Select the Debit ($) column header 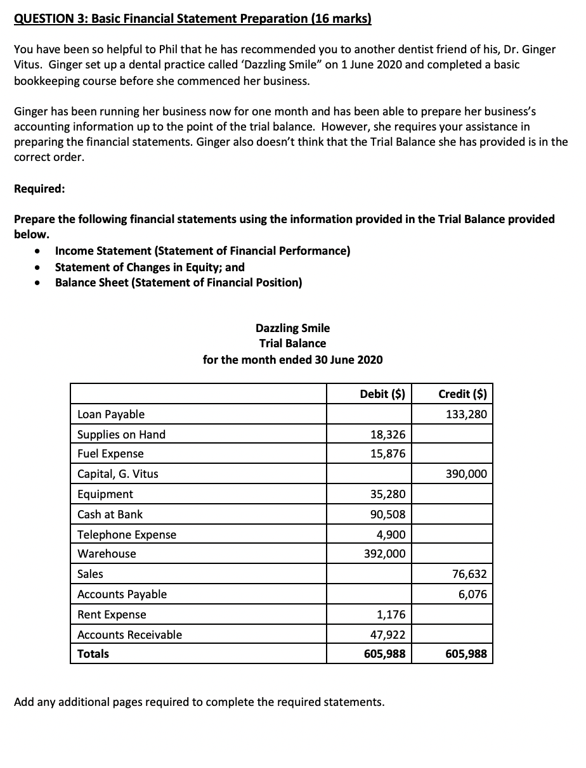[x=382, y=394]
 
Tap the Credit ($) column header [x=462, y=394]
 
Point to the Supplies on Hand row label [x=121, y=435]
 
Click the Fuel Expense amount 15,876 [x=387, y=454]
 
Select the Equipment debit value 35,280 [x=387, y=494]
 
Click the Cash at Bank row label [x=110, y=515]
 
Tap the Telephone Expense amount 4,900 [x=391, y=535]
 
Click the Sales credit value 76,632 [x=469, y=574]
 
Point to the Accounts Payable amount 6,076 [x=472, y=594]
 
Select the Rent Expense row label [x=112, y=615]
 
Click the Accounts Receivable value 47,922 [x=387, y=635]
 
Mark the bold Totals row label [x=93, y=654]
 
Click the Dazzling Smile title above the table [x=292, y=328]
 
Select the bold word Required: [x=39, y=189]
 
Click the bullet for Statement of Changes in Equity [x=39, y=267]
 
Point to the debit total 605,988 [x=385, y=654]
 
